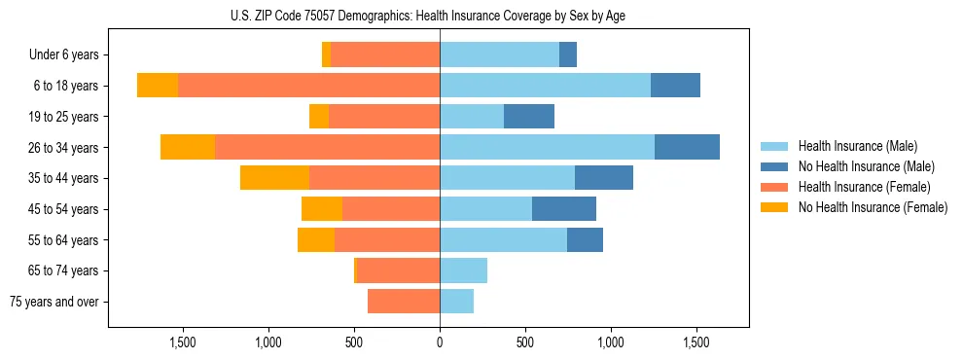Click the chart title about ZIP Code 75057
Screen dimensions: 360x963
[440, 15]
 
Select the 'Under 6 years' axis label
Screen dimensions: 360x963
[64, 55]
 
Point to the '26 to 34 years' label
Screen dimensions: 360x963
[64, 148]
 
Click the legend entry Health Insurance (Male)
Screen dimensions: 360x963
[857, 146]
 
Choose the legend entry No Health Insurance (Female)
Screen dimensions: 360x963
[873, 207]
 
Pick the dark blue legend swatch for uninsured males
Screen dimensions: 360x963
[774, 166]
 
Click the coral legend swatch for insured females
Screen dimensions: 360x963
[774, 187]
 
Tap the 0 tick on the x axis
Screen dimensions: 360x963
[440, 342]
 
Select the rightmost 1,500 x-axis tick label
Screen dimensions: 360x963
[696, 342]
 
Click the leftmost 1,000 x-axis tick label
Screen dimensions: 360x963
[268, 342]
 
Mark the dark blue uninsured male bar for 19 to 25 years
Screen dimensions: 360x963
[529, 117]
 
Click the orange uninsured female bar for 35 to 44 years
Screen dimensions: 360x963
[274, 178]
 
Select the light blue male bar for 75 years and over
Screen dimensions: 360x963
[456, 302]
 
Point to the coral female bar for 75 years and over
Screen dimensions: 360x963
[404, 302]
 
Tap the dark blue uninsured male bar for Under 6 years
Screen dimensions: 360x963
[568, 55]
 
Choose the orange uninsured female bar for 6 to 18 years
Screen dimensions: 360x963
[158, 86]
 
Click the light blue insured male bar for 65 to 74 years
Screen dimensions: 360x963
[463, 270]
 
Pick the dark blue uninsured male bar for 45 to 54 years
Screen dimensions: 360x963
[564, 209]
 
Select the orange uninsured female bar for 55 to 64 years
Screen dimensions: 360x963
[316, 240]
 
